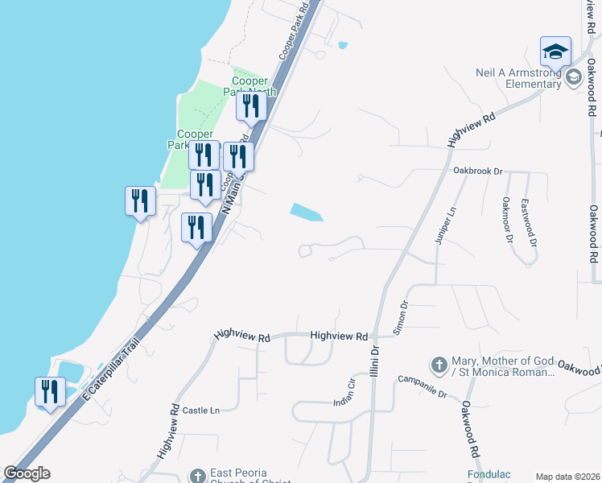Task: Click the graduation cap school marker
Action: (555, 52)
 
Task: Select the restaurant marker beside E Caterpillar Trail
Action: (51, 393)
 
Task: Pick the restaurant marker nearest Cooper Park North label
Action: (251, 106)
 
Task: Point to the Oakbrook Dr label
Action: (477, 171)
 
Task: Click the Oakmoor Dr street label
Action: (506, 218)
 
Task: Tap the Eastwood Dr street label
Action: (526, 217)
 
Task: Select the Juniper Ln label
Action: (451, 223)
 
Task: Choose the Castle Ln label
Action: (201, 411)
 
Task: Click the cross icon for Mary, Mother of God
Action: (439, 365)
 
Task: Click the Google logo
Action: (27, 473)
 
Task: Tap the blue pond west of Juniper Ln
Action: (306, 213)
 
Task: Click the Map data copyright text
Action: (567, 477)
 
